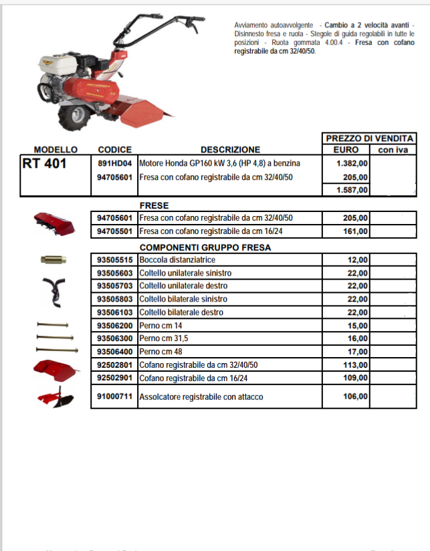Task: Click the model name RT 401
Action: tap(45, 164)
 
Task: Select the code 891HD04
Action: tap(114, 163)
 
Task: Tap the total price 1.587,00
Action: tap(352, 190)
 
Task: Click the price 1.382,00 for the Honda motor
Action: tap(352, 163)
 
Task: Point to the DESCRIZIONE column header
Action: tap(230, 150)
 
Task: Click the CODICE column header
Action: tap(114, 150)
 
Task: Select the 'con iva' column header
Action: tap(393, 150)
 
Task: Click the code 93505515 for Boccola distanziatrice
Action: tap(114, 259)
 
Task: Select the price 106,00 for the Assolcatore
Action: tap(355, 397)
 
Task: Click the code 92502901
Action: tap(114, 378)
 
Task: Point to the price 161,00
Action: tap(355, 231)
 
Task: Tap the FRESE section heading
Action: tap(154, 205)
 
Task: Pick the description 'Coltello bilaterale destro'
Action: tap(181, 312)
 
